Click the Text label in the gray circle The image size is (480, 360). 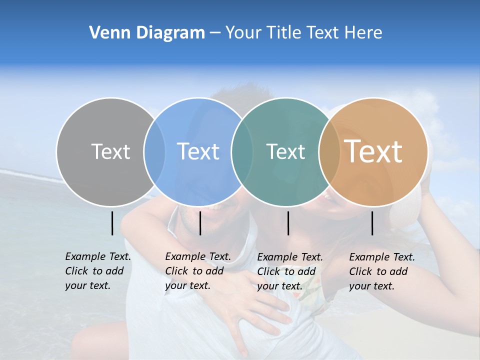point(110,151)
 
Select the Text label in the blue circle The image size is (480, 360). point(198,151)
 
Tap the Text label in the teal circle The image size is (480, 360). point(285,151)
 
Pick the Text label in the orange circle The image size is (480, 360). point(373,151)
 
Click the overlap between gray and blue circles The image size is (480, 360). point(154,151)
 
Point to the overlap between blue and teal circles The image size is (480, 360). point(241,151)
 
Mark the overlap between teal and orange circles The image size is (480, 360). point(329,151)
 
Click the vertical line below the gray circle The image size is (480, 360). point(112,223)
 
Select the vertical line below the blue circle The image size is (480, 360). point(200,223)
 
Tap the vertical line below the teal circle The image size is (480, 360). point(288,223)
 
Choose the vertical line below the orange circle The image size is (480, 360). point(372,223)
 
